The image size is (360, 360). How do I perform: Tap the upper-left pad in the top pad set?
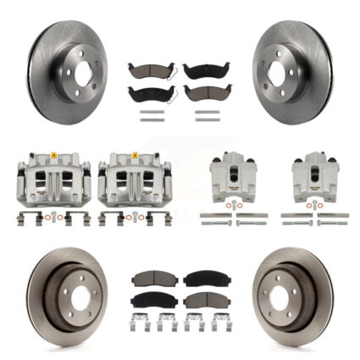pos(144,71)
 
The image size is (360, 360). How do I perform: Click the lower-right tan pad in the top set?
pos(201,92)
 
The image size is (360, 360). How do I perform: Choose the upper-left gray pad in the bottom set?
pos(149,280)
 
